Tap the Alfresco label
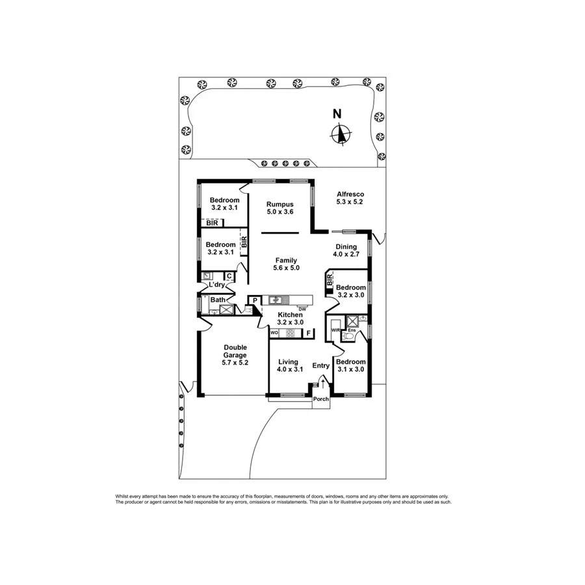(x=350, y=194)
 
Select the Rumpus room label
(x=280, y=204)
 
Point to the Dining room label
(x=346, y=247)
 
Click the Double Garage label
(x=235, y=351)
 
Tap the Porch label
(x=320, y=399)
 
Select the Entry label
(x=321, y=366)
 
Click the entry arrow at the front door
(x=322, y=385)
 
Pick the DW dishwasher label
(x=302, y=308)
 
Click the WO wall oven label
(x=274, y=333)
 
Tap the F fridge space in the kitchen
(x=309, y=333)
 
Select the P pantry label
(x=255, y=300)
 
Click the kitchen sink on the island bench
(x=279, y=300)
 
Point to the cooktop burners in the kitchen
(x=291, y=333)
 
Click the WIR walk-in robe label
(x=335, y=331)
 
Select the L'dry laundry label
(x=216, y=285)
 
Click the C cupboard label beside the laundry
(x=229, y=276)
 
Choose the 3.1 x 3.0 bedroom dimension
(x=351, y=370)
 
